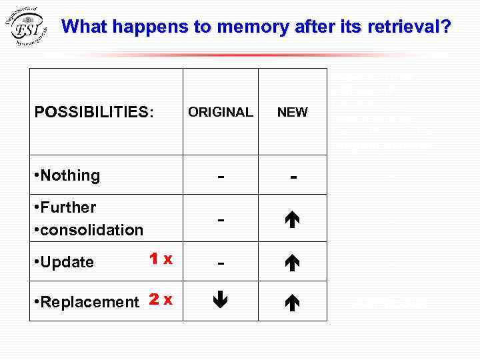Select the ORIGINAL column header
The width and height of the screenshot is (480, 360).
[221, 112]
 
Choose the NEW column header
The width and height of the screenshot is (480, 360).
[293, 112]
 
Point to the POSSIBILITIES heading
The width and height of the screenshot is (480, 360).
[94, 112]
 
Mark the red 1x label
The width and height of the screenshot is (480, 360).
[161, 258]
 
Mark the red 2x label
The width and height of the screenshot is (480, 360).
[161, 299]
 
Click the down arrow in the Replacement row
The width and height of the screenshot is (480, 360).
[221, 301]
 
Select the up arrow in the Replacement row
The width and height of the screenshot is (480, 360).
[293, 301]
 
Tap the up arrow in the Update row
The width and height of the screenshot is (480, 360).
[293, 261]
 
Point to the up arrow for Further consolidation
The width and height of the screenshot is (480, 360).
[293, 219]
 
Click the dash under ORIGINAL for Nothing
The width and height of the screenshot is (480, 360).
[221, 177]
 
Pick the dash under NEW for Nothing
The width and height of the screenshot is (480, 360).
[293, 177]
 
